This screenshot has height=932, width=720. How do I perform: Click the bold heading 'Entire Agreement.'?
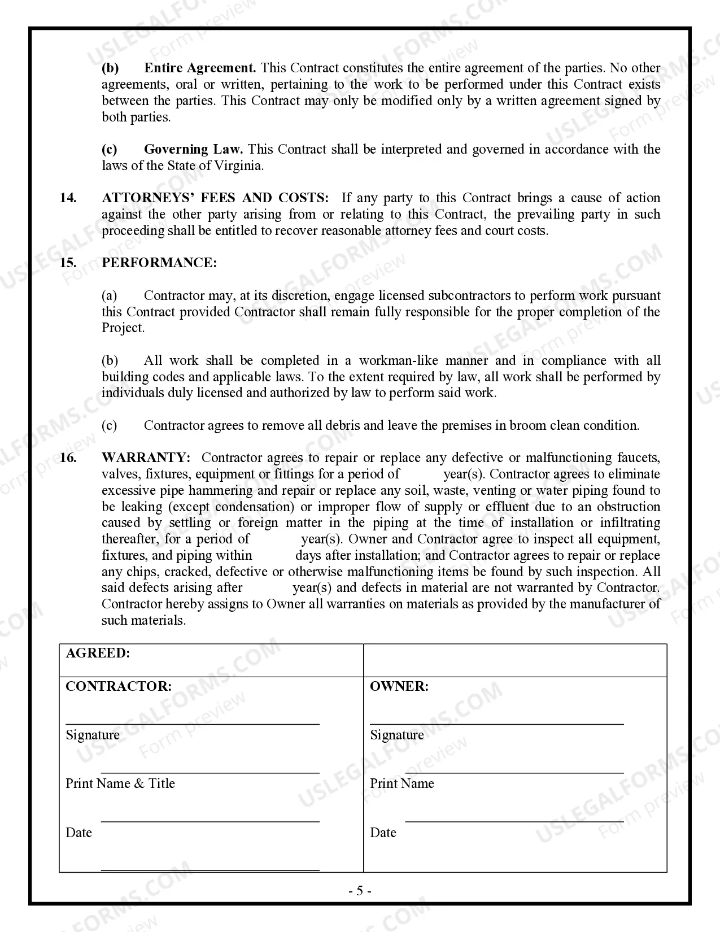click(200, 68)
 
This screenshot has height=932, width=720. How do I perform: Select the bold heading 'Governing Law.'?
click(193, 150)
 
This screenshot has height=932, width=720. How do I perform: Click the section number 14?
click(68, 198)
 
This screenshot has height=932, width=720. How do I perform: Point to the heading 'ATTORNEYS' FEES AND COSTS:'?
click(215, 198)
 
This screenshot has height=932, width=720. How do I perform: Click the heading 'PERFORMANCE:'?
click(159, 263)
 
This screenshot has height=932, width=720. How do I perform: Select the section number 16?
click(68, 458)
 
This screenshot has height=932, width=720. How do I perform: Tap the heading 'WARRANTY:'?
click(146, 458)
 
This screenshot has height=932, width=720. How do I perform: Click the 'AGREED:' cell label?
click(98, 654)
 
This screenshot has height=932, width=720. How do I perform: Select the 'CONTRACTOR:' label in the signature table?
click(119, 687)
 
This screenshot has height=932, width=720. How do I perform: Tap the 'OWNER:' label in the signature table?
click(399, 687)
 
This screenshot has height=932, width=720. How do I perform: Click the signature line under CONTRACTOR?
click(192, 723)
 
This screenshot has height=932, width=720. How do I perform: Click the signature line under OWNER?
click(496, 723)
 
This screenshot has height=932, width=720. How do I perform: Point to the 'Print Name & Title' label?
click(120, 784)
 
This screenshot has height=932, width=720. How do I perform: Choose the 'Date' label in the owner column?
click(383, 833)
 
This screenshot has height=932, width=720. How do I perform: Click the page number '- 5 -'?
click(360, 891)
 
